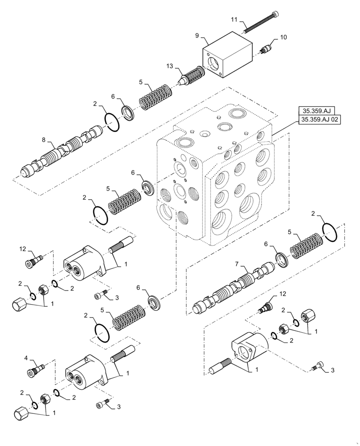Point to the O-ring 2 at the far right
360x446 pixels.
(x=330, y=232)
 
